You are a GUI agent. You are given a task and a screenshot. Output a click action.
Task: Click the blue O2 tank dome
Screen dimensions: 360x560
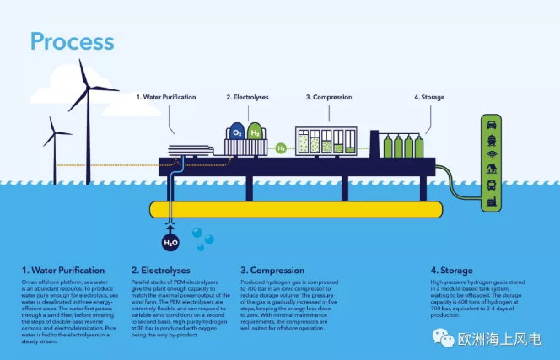(x=237, y=132)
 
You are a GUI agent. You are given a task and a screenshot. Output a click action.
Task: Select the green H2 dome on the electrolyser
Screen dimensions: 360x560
(x=254, y=132)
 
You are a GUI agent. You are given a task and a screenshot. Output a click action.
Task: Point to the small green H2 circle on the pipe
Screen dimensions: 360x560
(x=281, y=148)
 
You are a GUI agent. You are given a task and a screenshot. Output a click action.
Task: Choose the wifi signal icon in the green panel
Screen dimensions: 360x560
(x=492, y=154)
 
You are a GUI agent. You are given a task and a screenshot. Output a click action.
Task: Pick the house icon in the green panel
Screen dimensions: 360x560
(x=492, y=169)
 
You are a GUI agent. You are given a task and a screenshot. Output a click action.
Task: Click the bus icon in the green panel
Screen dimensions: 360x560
(x=492, y=185)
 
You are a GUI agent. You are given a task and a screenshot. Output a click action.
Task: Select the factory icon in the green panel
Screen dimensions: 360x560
(x=492, y=201)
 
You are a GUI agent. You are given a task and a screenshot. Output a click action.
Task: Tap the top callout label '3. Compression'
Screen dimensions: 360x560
(x=328, y=98)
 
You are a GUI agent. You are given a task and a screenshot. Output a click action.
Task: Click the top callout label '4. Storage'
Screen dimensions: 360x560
(x=428, y=98)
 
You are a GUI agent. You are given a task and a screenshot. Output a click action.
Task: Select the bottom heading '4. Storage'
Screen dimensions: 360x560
(x=451, y=271)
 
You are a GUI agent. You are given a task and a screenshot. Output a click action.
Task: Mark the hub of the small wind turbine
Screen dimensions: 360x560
(x=53, y=133)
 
